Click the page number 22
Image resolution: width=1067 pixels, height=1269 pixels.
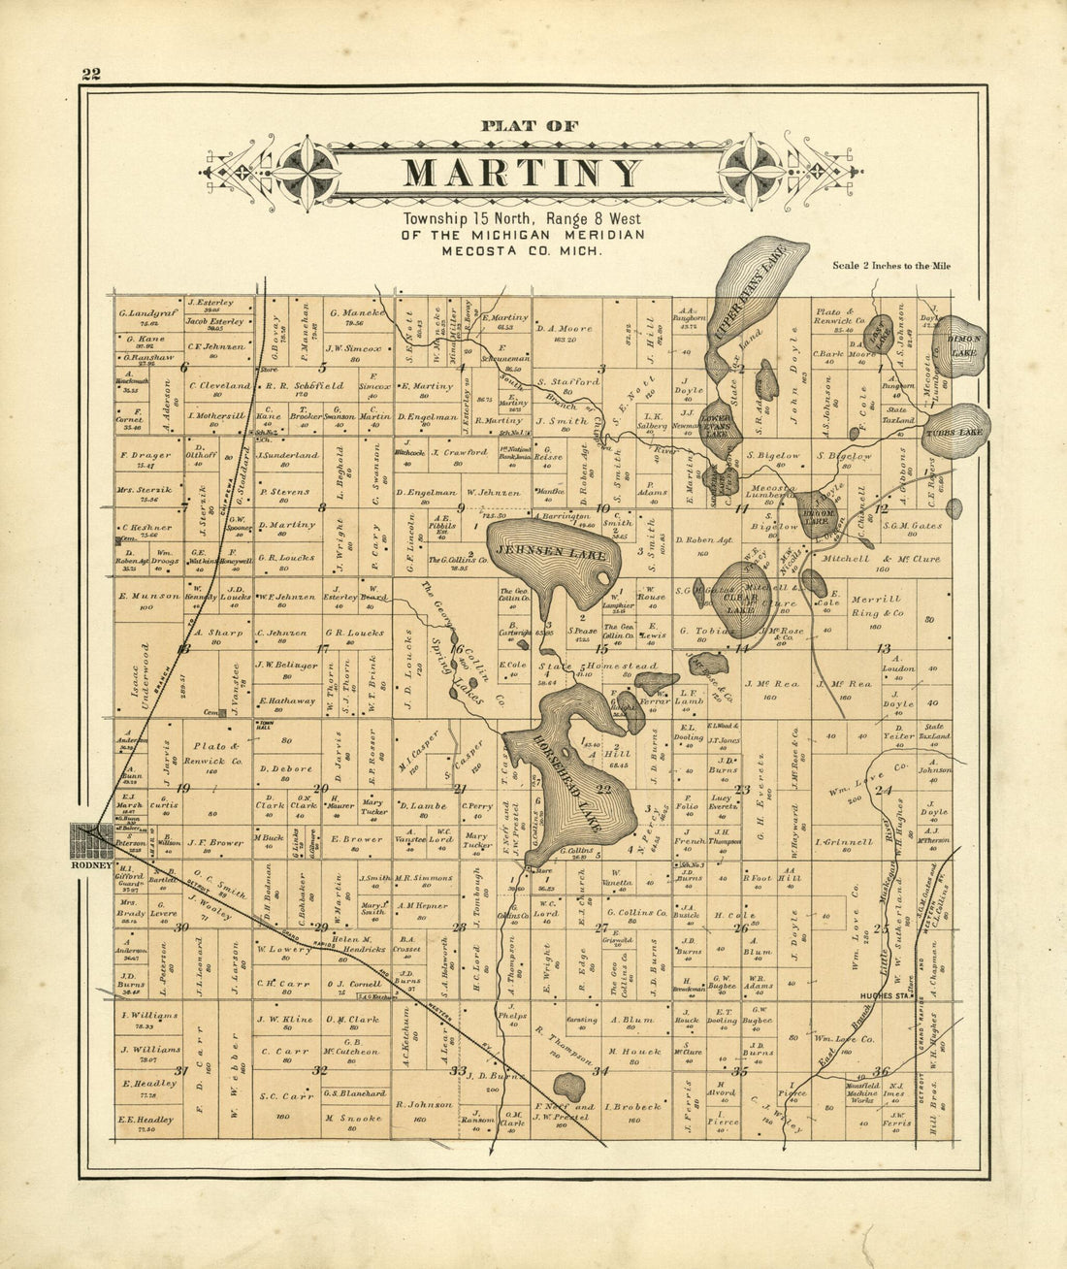coord(92,75)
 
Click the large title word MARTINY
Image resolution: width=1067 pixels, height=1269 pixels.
coord(523,174)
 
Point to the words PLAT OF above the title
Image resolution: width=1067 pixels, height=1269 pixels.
coord(530,125)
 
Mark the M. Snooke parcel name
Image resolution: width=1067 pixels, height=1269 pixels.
coord(353,1118)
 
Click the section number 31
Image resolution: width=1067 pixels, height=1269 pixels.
coord(180,1071)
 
